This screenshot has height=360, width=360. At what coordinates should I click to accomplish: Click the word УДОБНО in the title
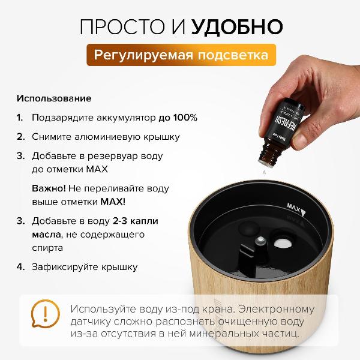click(x=237, y=26)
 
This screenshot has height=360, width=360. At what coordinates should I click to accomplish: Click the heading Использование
click(x=54, y=98)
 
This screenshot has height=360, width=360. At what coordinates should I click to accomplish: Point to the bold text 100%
click(x=184, y=117)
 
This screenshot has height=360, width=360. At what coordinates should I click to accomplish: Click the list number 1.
click(x=20, y=117)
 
